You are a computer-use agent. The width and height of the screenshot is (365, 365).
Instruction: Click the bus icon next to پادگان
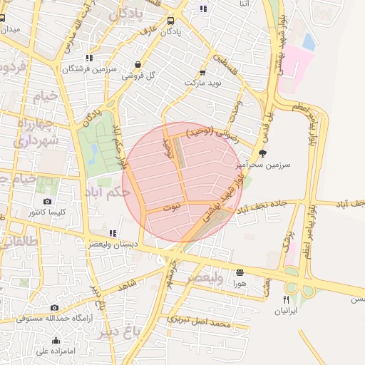coord(169,21)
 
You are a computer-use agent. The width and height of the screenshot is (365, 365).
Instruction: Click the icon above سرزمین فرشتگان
coord(88,58)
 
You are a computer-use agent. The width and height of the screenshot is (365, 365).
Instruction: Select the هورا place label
coord(239,283)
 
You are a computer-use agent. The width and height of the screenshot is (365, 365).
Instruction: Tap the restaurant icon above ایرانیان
coord(287,299)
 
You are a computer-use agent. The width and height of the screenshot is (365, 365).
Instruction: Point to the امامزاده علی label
coord(56,350)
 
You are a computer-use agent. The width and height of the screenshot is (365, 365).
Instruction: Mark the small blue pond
coord(309,41)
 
